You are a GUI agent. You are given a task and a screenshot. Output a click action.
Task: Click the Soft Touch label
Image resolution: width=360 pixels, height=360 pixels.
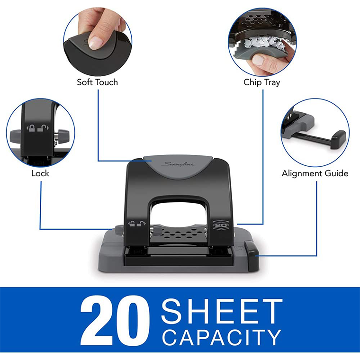tap(97, 82)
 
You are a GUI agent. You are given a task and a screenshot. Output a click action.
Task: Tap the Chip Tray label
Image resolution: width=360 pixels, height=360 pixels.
tap(261, 82)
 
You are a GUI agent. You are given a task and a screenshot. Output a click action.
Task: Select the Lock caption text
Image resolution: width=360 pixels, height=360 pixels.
tap(40, 173)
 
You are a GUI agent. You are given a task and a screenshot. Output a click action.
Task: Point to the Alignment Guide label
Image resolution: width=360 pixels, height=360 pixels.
tap(315, 173)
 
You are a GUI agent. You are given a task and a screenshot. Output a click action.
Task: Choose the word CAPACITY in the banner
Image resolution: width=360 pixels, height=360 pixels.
tap(221, 337)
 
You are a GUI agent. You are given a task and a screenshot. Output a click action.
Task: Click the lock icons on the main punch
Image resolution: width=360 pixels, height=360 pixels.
tap(135, 224)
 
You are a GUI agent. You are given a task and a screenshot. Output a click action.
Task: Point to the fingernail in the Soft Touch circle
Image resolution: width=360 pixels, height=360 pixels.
tap(96, 43)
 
